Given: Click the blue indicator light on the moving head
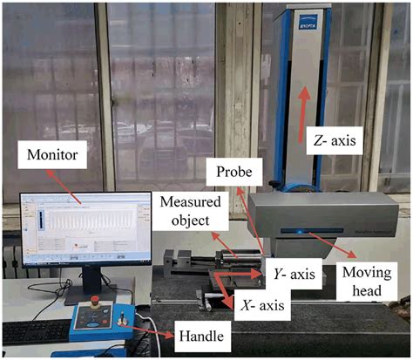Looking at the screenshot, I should (301, 232).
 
